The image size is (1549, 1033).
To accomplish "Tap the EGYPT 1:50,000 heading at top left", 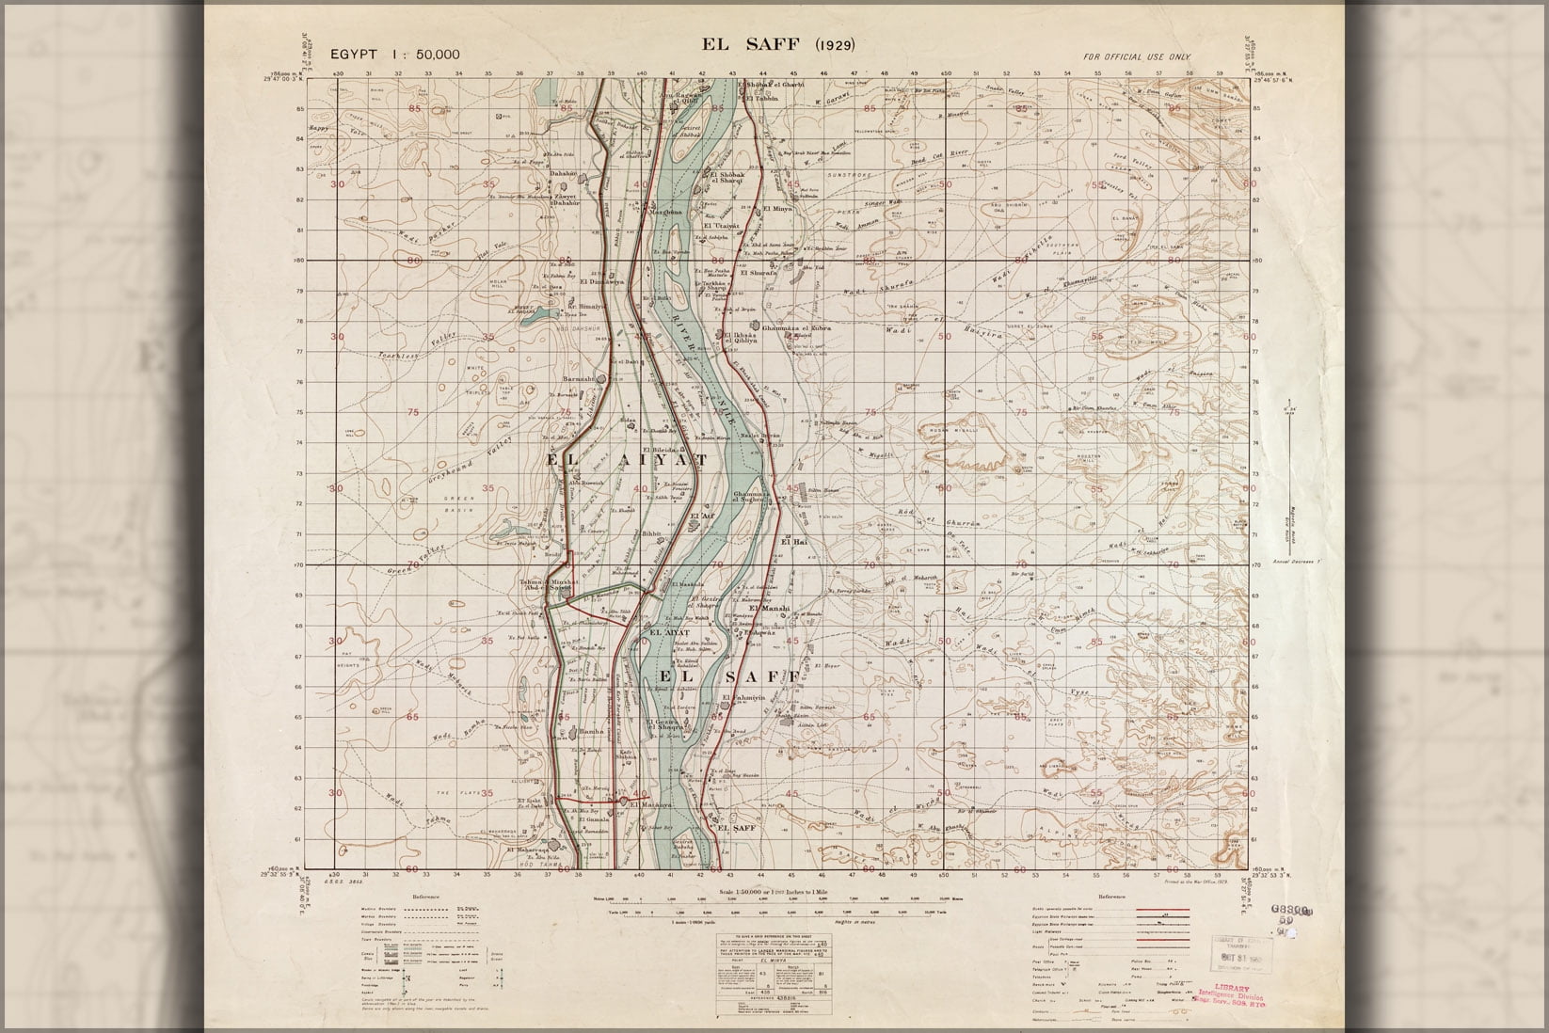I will click(395, 54).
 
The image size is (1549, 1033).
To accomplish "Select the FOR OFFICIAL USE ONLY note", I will click(1136, 57).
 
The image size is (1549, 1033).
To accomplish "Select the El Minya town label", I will click(777, 208).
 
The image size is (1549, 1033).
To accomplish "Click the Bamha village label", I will click(590, 730).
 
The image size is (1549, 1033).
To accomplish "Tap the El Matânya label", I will click(651, 804).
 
